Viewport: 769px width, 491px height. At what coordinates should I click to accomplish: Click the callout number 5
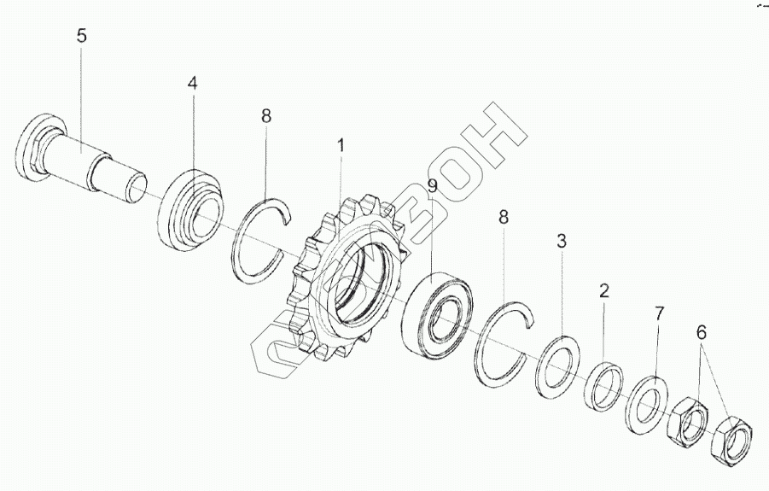click(x=81, y=36)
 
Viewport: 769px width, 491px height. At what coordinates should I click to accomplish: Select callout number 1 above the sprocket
click(x=341, y=146)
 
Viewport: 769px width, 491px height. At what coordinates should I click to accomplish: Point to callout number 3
click(x=562, y=241)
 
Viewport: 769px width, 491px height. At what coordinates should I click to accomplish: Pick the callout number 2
click(x=603, y=290)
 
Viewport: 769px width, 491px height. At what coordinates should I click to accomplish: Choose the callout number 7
click(x=658, y=313)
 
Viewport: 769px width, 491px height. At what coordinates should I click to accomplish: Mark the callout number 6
click(x=702, y=333)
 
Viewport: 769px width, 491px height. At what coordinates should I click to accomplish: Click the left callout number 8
click(x=266, y=116)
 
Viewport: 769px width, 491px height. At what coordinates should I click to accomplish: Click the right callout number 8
click(x=503, y=218)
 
